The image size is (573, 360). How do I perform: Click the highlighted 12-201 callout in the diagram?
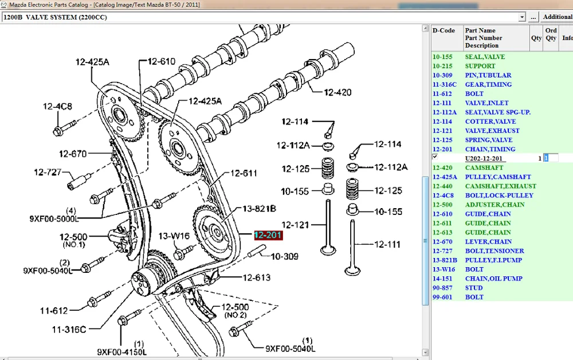268,234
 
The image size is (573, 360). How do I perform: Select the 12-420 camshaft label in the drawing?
337,92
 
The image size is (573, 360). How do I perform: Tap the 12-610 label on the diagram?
162,61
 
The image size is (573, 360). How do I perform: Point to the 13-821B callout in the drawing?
259,209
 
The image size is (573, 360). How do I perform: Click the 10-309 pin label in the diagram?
285,256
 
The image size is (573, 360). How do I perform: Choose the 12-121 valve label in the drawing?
295,225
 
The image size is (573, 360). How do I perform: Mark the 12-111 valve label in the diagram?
388,244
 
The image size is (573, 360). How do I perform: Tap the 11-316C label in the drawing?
69,329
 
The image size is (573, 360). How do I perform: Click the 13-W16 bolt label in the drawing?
174,236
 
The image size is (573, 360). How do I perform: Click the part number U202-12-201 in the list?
484,158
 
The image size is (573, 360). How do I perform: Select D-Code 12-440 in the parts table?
443,186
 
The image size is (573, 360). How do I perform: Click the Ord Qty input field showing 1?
551,158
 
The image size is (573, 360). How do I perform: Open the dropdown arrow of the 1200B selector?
521,17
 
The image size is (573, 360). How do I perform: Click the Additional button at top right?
557,17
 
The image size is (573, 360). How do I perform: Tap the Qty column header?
536,38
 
